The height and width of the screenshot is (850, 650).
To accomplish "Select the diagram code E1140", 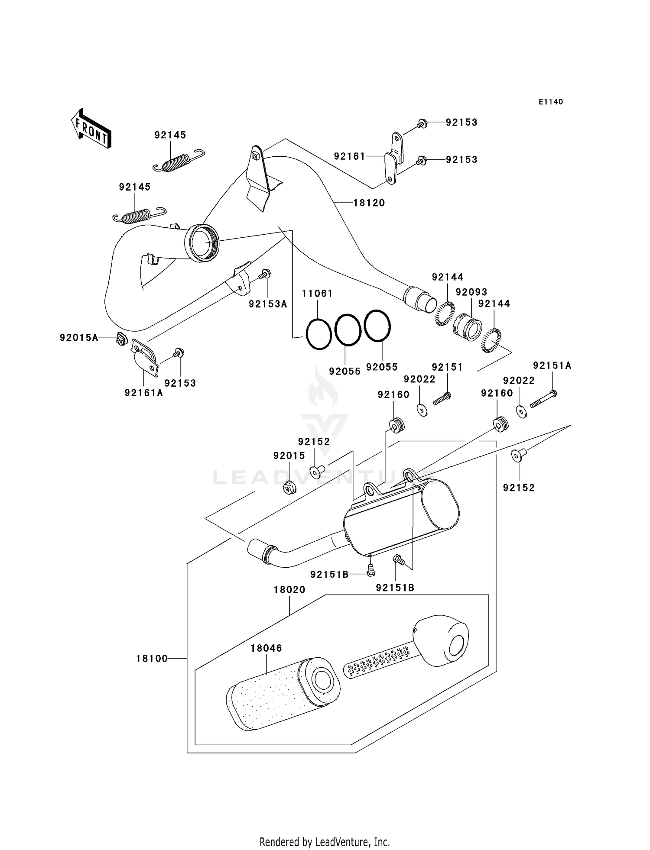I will click(550, 102).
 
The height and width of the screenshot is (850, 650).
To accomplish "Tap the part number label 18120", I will click(369, 203).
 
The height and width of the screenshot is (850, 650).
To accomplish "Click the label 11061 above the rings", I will click(317, 294).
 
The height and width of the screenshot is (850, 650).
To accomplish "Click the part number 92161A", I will click(144, 393).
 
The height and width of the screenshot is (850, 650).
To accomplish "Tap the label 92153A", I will click(268, 304).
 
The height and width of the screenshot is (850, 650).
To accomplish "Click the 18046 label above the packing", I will click(266, 648).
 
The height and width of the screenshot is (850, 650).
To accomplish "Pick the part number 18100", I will click(152, 659).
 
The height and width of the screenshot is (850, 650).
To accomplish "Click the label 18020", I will click(289, 589).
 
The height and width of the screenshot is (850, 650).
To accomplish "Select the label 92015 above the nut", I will click(289, 456).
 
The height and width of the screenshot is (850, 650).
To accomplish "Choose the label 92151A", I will click(552, 366).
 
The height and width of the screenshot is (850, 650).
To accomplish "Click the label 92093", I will click(471, 292).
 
